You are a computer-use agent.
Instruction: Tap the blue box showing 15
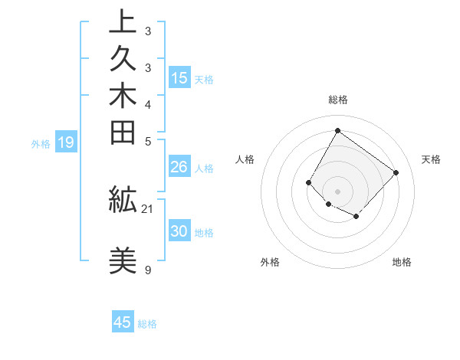(179, 77)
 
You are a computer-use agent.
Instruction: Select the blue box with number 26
(179, 167)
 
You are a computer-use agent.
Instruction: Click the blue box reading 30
(179, 231)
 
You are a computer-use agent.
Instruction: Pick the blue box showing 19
(66, 142)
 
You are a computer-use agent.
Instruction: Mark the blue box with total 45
(123, 322)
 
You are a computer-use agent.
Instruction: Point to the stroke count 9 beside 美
(147, 270)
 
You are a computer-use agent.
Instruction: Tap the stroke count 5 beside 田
(147, 141)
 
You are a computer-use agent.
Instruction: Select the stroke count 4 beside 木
(147, 104)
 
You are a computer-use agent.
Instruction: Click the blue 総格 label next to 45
(147, 324)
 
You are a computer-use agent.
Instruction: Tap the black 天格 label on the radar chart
(431, 159)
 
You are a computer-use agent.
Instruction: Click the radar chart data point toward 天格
(396, 172)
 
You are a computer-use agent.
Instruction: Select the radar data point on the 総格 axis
(337, 130)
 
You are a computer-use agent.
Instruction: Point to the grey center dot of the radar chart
(337, 191)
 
